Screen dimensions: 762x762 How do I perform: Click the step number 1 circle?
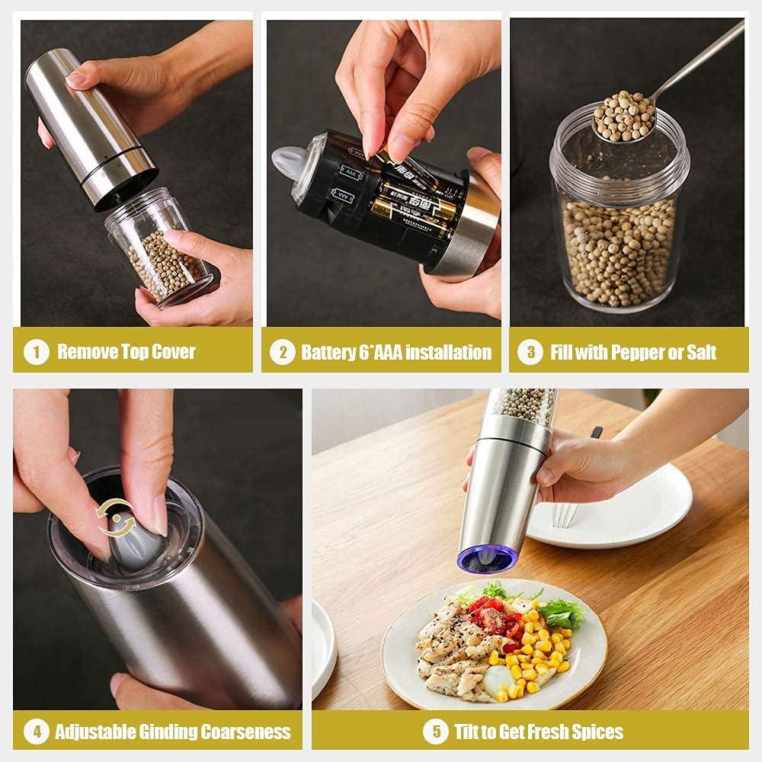[36, 352]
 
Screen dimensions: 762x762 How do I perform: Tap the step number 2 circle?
[283, 352]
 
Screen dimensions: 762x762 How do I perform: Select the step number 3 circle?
[530, 352]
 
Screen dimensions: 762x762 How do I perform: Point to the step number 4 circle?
[36, 732]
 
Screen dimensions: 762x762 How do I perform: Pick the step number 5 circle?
[435, 732]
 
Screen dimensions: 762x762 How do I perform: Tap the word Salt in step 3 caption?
[700, 352]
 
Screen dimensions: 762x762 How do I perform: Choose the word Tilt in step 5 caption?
[468, 732]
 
